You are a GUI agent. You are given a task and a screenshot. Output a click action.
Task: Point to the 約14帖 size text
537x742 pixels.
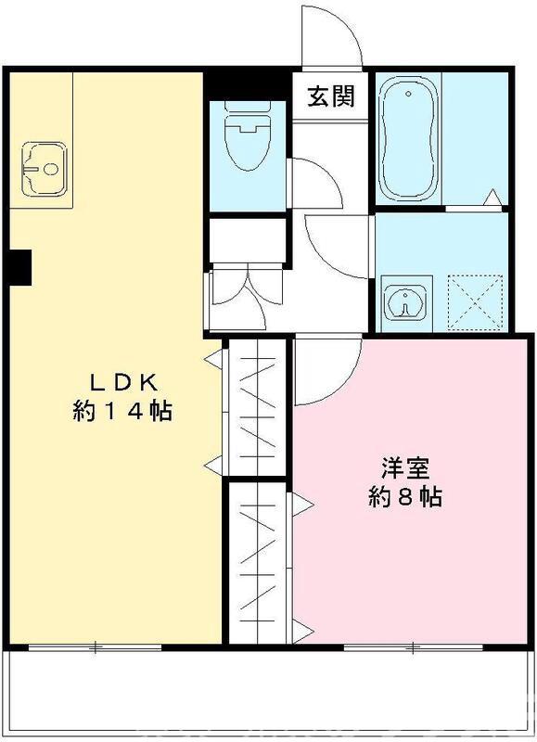tap(123, 411)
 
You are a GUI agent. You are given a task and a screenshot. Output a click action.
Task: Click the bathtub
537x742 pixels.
tap(408, 139)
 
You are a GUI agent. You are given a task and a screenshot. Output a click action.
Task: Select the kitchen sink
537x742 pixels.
tap(43, 169)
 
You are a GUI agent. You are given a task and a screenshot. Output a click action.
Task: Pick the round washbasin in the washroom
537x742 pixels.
tap(406, 302)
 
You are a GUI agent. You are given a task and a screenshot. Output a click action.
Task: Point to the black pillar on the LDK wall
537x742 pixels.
tap(18, 267)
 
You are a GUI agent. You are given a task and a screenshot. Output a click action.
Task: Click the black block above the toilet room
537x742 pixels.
tap(244, 83)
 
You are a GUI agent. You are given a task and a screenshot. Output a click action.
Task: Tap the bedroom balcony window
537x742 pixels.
tap(413, 646)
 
